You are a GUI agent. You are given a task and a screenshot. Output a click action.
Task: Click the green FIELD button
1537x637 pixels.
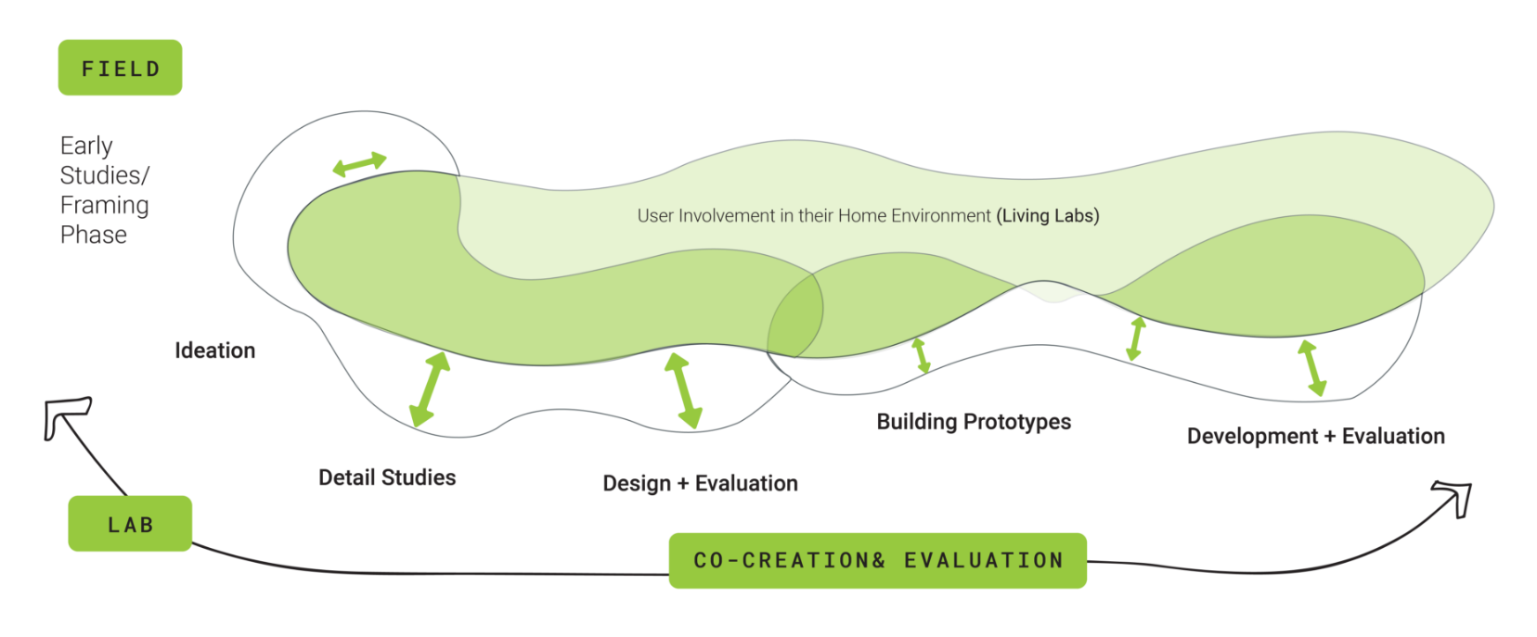point(120,68)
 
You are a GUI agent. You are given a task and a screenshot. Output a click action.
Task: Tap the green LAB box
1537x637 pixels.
point(130,524)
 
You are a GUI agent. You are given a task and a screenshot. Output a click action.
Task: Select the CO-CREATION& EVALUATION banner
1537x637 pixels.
point(877,560)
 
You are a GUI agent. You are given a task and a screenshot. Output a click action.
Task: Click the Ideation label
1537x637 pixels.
point(214,350)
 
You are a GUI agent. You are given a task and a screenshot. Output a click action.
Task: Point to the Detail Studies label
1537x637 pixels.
point(387,478)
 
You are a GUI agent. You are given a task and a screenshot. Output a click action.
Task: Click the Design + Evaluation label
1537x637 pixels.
point(700,483)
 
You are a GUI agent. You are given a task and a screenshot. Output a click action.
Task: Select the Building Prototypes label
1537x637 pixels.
point(974,422)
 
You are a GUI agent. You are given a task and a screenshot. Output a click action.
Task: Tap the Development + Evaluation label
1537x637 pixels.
point(1315,436)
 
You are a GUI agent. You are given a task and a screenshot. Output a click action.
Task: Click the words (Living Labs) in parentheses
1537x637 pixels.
point(1048,216)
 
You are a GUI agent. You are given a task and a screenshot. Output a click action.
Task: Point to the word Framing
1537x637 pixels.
point(104,205)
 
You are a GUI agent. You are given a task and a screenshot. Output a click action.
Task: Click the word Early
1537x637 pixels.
point(86,146)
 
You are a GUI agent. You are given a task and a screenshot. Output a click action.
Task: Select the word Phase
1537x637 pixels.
point(93,235)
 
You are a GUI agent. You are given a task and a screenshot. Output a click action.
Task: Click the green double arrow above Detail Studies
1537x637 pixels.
point(430,389)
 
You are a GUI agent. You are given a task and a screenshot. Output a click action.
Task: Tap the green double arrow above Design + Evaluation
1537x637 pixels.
point(683,390)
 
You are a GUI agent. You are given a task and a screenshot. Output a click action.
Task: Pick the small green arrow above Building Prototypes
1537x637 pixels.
point(921,355)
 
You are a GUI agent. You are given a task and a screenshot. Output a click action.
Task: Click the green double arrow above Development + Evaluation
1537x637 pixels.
point(1311,368)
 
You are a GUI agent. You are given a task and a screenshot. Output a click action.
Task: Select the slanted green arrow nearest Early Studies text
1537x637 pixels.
point(359,164)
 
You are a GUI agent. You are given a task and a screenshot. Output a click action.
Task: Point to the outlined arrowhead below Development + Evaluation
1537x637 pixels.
point(1454,496)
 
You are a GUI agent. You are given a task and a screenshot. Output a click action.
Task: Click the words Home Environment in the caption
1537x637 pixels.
point(914,216)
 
